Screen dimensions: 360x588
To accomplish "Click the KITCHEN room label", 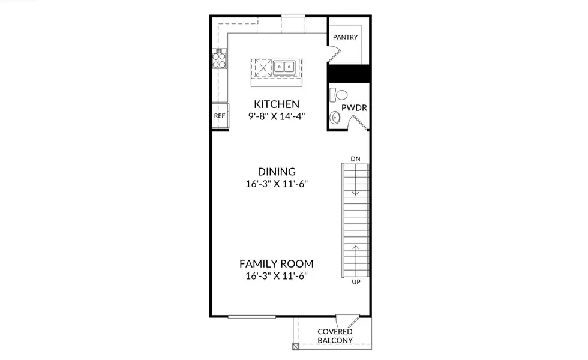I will [x=276, y=103].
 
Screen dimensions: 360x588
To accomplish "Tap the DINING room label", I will [x=277, y=172].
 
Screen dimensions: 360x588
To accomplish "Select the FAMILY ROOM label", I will [x=277, y=263].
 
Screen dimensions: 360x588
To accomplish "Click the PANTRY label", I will [x=345, y=37].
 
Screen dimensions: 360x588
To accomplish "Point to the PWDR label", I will [x=354, y=108].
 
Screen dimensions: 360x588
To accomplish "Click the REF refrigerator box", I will [x=220, y=116].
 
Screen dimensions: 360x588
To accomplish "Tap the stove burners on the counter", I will [x=220, y=59].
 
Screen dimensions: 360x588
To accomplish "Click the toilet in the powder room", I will [x=340, y=95].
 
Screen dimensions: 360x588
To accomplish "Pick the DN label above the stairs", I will [x=355, y=158].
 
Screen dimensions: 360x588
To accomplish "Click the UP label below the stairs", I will [x=355, y=281].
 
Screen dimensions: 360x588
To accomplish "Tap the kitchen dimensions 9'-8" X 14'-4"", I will [x=276, y=116].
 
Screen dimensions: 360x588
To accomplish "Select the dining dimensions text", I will [x=277, y=184].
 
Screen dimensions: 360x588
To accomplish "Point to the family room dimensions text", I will [x=277, y=276].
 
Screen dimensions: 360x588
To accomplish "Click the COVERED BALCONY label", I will [x=335, y=336].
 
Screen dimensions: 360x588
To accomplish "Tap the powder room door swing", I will [x=358, y=123].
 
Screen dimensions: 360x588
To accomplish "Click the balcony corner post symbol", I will [x=295, y=347].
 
